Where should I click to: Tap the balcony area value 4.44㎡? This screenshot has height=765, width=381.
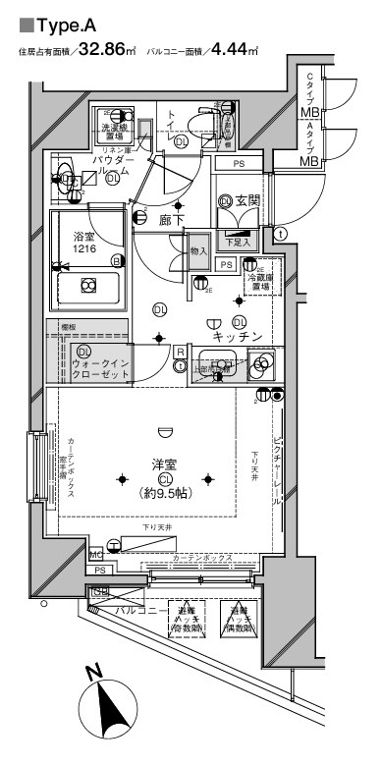[232, 48]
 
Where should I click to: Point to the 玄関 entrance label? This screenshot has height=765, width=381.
[246, 200]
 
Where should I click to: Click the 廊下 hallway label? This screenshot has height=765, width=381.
[172, 220]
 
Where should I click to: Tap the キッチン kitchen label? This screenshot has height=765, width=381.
[237, 336]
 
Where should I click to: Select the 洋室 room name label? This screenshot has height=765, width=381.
[163, 463]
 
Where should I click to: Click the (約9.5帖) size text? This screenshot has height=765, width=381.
[163, 492]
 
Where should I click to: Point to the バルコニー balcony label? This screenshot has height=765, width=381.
[136, 609]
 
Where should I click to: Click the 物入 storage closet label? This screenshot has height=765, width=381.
[198, 251]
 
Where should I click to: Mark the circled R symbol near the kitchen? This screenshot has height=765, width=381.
[180, 351]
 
